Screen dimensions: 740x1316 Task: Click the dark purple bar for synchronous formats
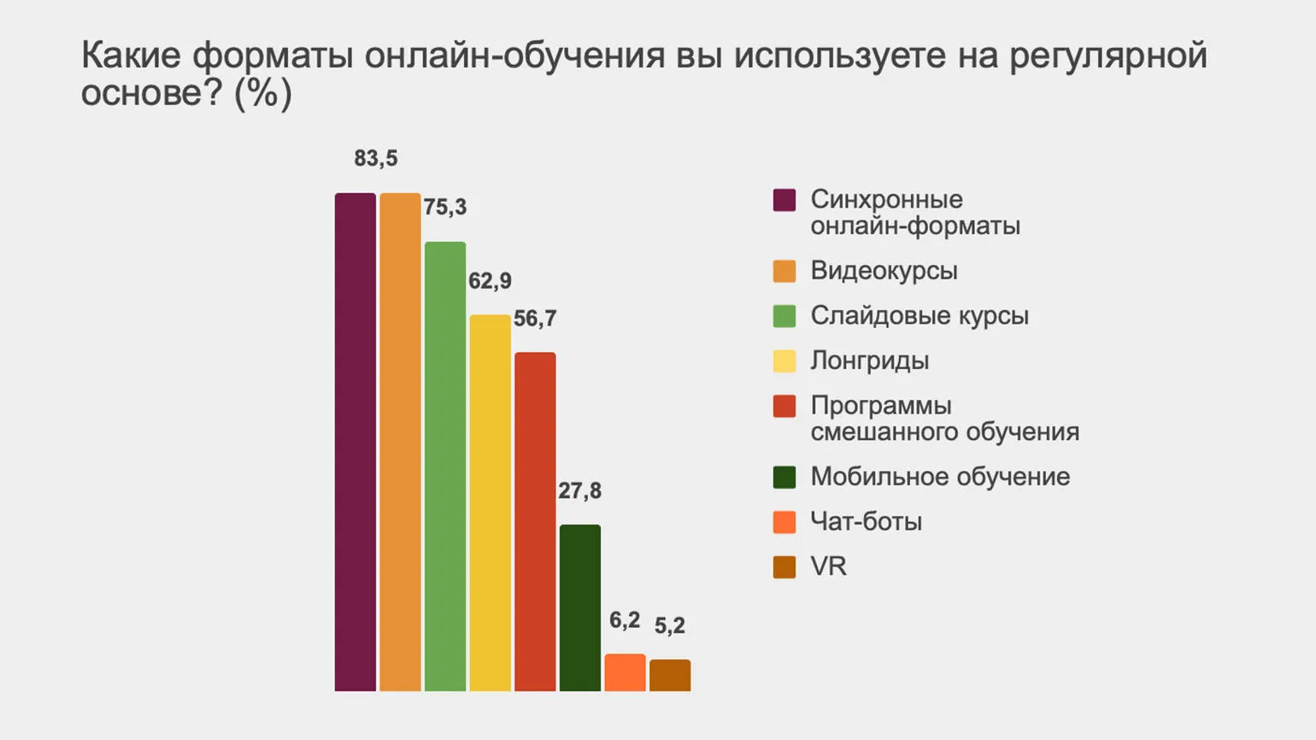pyautogui.click(x=355, y=442)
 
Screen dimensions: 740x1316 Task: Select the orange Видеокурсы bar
pyautogui.click(x=400, y=442)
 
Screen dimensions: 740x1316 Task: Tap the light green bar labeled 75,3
pyautogui.click(x=445, y=466)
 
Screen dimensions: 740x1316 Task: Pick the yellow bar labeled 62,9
pyautogui.click(x=490, y=502)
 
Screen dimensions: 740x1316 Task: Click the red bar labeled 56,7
pyautogui.click(x=535, y=521)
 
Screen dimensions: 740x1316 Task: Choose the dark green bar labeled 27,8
pyautogui.click(x=580, y=608)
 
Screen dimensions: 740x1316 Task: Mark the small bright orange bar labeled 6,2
pyautogui.click(x=625, y=672)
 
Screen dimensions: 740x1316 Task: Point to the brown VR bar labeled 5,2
pyautogui.click(x=670, y=675)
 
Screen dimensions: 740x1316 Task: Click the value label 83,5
pyautogui.click(x=376, y=158)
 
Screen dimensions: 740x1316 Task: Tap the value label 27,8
pyautogui.click(x=579, y=490)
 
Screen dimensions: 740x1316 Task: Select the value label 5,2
pyautogui.click(x=670, y=625)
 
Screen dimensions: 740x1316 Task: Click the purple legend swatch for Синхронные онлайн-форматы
pyautogui.click(x=784, y=200)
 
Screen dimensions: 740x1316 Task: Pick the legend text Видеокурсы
pyautogui.click(x=884, y=271)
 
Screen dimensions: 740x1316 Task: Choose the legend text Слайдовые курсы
pyautogui.click(x=919, y=315)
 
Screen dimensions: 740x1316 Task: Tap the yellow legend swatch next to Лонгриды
pyautogui.click(x=784, y=361)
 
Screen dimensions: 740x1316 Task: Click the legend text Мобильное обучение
pyautogui.click(x=940, y=477)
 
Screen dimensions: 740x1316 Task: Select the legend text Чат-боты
pyautogui.click(x=866, y=521)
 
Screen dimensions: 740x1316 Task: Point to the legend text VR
pyautogui.click(x=828, y=567)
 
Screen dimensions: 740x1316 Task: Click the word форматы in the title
pyautogui.click(x=273, y=56)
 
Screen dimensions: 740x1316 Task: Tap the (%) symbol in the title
pyautogui.click(x=263, y=93)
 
